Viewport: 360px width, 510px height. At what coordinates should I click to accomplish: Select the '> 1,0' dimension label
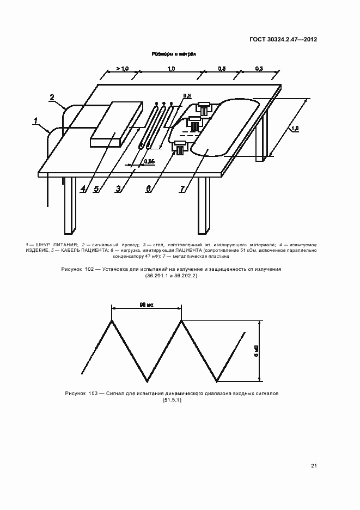[121, 69]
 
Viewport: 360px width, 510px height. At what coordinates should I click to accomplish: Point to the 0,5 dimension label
[222, 69]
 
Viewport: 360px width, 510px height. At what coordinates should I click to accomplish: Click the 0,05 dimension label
[148, 161]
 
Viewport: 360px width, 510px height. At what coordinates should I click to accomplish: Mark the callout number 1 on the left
[36, 121]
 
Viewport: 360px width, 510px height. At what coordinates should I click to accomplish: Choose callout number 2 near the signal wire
[52, 98]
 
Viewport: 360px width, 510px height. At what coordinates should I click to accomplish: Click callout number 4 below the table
[83, 189]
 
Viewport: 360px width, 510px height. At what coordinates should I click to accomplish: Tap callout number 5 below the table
[96, 189]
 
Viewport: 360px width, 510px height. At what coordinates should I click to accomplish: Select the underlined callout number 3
[118, 189]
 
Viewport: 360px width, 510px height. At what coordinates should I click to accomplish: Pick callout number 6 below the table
[148, 189]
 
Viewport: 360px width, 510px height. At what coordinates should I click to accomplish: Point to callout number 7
[183, 189]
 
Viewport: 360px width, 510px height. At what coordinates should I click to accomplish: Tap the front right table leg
[204, 204]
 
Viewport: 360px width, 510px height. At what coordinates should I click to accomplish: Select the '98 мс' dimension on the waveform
[146, 306]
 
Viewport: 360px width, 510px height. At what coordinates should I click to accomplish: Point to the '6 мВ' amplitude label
[256, 351]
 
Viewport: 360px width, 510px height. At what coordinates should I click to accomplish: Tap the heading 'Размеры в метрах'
[173, 54]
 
